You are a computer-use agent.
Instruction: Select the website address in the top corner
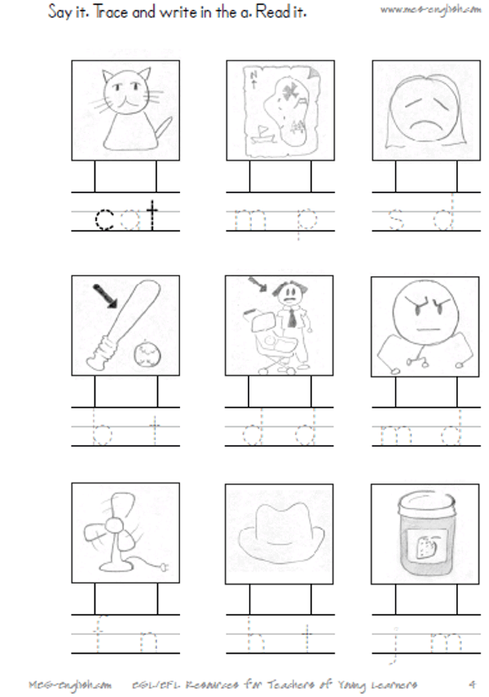point(430,9)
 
